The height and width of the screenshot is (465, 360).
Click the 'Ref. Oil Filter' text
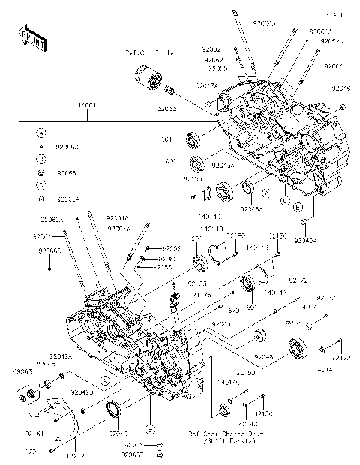coord(153,53)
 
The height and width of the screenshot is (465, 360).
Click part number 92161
coord(34,432)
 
